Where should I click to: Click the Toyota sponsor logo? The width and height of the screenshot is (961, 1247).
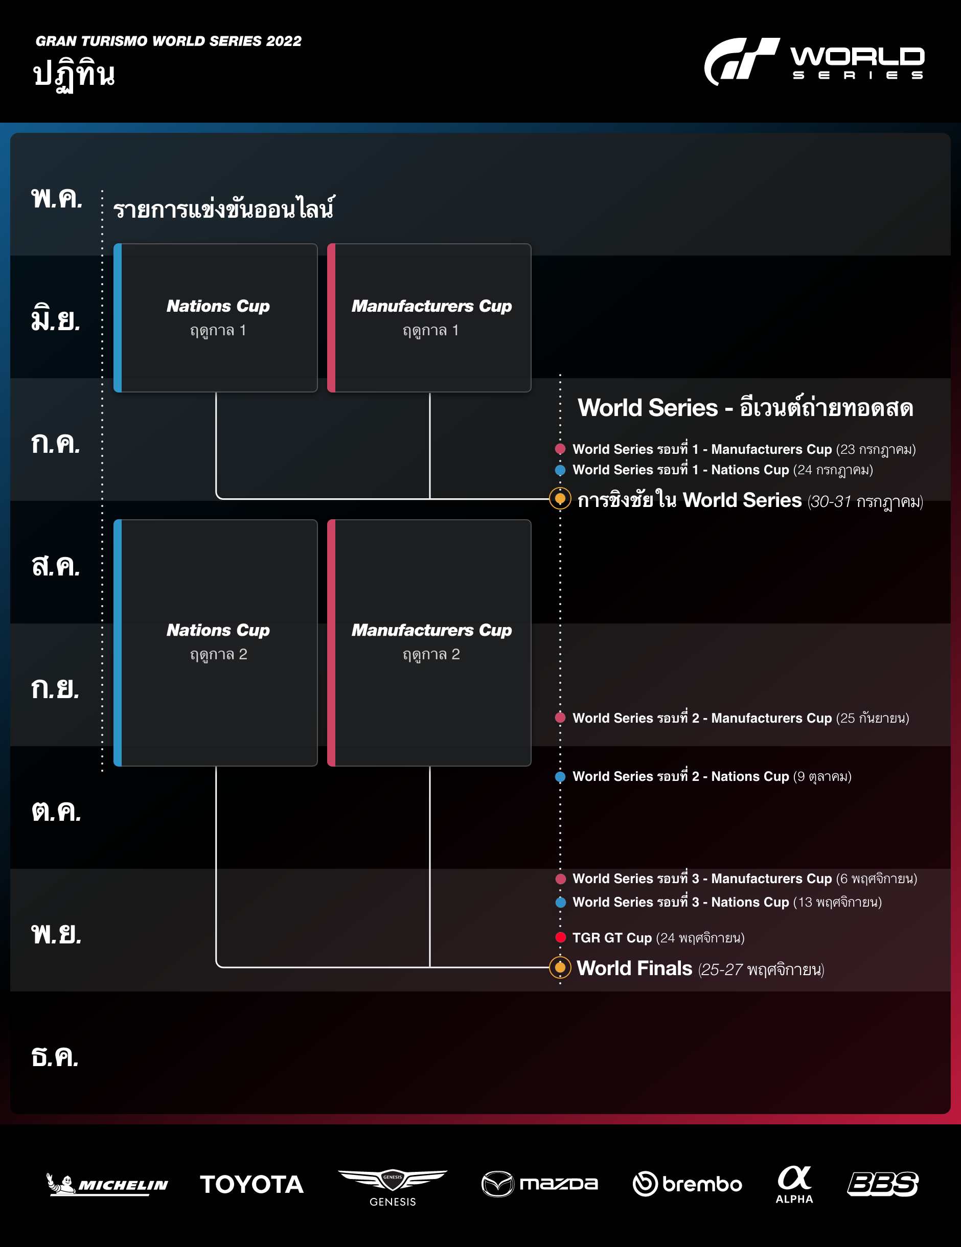pos(251,1184)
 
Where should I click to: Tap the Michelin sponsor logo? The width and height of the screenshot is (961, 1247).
pos(107,1184)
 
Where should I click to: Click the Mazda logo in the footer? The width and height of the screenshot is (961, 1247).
pos(540,1184)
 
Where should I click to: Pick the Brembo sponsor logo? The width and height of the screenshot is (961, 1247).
pos(688,1184)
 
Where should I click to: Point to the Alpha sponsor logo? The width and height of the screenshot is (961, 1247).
pos(794,1184)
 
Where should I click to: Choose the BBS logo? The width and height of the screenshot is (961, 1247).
pos(883,1184)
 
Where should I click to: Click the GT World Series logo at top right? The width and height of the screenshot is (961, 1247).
pos(814,60)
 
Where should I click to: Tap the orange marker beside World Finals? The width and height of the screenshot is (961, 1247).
pos(560,967)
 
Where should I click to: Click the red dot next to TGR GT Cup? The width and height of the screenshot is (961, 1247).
pos(561,937)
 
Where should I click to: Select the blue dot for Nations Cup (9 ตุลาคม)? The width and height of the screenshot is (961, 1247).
pos(560,776)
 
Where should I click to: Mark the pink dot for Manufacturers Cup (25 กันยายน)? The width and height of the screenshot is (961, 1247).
pos(560,718)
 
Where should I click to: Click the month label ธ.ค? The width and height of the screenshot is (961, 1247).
pos(55,1057)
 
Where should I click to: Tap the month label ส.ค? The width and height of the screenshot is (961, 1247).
pos(56,566)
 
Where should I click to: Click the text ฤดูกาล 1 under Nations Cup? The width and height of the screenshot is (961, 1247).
pos(218,331)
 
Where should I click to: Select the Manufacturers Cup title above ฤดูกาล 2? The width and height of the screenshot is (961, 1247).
pos(431,630)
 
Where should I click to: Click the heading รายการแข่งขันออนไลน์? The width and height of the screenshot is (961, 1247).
pos(224,209)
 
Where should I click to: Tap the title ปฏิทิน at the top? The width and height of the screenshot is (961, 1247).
pos(74,75)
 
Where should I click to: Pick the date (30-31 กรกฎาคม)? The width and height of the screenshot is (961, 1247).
pos(865,501)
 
